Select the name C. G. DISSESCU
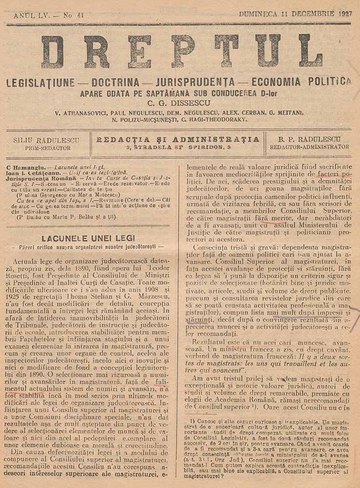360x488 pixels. pyautogui.click(x=180, y=103)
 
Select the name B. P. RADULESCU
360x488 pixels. pyautogui.click(x=309, y=139)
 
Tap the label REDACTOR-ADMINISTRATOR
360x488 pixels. pyautogui.click(x=309, y=146)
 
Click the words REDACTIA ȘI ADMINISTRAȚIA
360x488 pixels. pyautogui.click(x=178, y=139)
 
